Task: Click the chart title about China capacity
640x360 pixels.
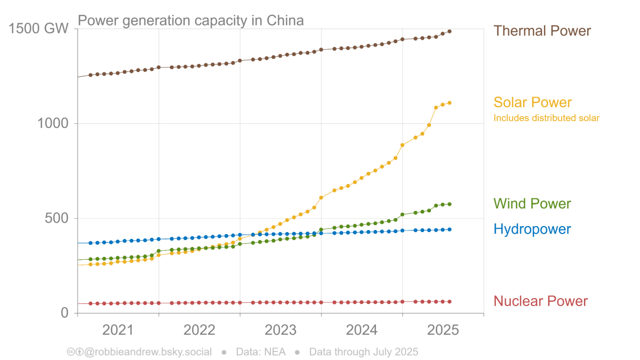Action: pos(191,21)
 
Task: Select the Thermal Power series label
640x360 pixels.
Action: pos(542,31)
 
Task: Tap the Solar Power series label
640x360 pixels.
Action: pos(532,102)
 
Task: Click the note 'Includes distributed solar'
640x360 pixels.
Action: pos(546,118)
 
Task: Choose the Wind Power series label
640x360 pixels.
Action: pos(532,204)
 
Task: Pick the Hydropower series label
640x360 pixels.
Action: pos(532,229)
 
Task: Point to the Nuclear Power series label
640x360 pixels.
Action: pos(540,301)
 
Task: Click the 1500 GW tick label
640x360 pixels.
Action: pos(39,29)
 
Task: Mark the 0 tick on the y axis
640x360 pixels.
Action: pos(65,313)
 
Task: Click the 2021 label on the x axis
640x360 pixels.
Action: pos(118,330)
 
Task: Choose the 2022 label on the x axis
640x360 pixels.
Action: pos(199,330)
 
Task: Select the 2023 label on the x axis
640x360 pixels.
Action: pos(281,330)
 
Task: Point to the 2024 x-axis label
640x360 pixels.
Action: pos(362,330)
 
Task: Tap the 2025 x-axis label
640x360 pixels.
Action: pos(443,330)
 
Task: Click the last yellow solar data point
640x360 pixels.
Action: pos(450,102)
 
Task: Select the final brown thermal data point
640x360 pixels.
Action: pos(450,31)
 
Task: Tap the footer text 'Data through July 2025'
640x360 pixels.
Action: pos(363,352)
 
